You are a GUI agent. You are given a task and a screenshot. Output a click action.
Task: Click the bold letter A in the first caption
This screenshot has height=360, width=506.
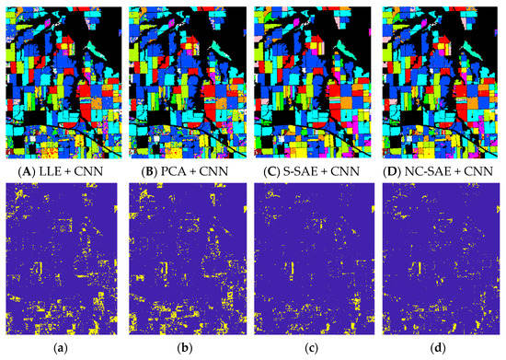(25, 171)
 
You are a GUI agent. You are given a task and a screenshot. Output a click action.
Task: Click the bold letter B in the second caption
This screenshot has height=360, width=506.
(150, 171)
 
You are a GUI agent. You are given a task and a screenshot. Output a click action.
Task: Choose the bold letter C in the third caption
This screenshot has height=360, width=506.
(273, 171)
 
